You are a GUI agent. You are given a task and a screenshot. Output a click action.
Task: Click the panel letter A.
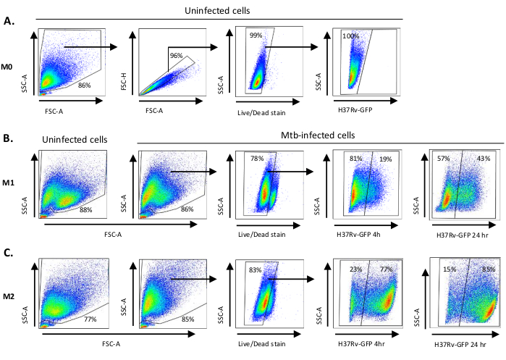[9, 21]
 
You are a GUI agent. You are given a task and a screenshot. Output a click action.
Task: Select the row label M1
[9, 179]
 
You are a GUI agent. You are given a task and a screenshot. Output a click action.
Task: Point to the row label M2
[9, 295]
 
